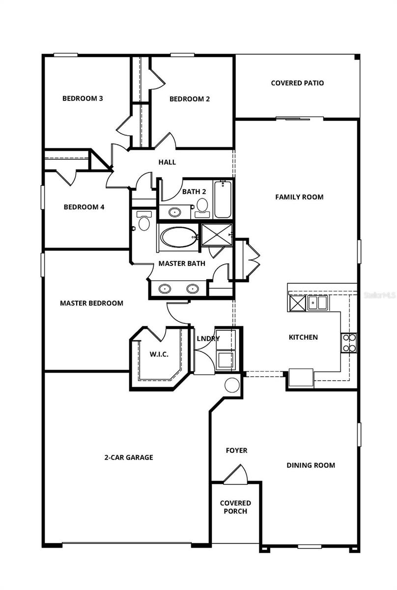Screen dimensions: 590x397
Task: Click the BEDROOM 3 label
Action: pyautogui.click(x=83, y=98)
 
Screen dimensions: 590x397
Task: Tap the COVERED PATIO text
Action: pyautogui.click(x=297, y=83)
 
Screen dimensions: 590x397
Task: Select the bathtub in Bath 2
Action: pyautogui.click(x=222, y=199)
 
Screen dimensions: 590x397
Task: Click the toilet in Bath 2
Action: pyautogui.click(x=201, y=206)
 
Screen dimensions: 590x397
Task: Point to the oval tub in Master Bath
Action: pyautogui.click(x=179, y=237)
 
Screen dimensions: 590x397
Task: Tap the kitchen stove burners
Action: pyautogui.click(x=349, y=343)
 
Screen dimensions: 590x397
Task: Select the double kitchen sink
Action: pyautogui.click(x=317, y=302)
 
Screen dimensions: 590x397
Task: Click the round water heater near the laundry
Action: pyautogui.click(x=232, y=385)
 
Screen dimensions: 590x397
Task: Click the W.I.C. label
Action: pyautogui.click(x=159, y=354)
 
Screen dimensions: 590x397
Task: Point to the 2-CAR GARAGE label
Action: pyautogui.click(x=128, y=457)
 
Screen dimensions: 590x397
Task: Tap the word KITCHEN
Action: pyautogui.click(x=303, y=337)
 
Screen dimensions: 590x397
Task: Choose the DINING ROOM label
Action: pyautogui.click(x=311, y=465)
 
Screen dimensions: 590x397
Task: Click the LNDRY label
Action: pyautogui.click(x=208, y=339)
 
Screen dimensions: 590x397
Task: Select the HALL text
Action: pyautogui.click(x=167, y=162)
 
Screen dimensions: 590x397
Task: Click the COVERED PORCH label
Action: pyautogui.click(x=235, y=507)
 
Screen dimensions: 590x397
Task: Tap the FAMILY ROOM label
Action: pyautogui.click(x=299, y=197)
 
